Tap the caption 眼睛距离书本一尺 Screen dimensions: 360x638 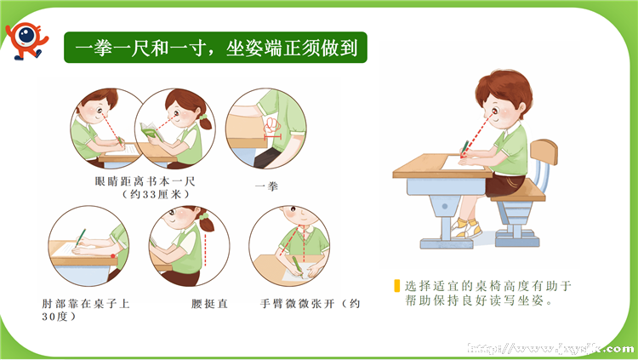(x=142, y=181)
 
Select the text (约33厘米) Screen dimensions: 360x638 (x=142, y=194)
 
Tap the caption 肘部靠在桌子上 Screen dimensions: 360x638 (x=85, y=303)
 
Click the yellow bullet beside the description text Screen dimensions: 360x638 (x=397, y=287)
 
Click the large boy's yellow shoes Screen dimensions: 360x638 (x=464, y=227)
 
